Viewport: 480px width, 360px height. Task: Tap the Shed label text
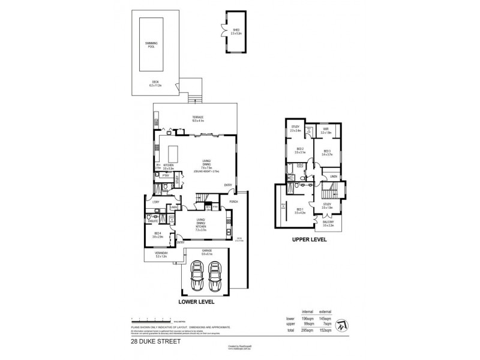pos(235,31)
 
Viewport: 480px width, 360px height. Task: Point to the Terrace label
pos(197,118)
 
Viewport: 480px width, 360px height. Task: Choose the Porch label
pos(233,202)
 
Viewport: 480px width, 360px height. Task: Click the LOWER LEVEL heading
pos(198,302)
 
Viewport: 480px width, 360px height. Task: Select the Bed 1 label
pos(301,211)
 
